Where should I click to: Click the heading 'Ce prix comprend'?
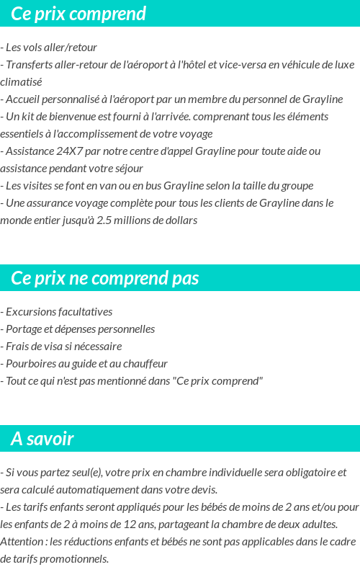78,14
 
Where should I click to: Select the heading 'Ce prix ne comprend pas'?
105,278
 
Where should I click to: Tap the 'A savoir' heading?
42,439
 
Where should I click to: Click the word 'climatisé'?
21,82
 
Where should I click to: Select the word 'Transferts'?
32,65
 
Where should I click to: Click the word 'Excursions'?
32,312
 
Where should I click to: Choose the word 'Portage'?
24,329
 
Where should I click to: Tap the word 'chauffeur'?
145,364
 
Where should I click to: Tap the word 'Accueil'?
25,99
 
